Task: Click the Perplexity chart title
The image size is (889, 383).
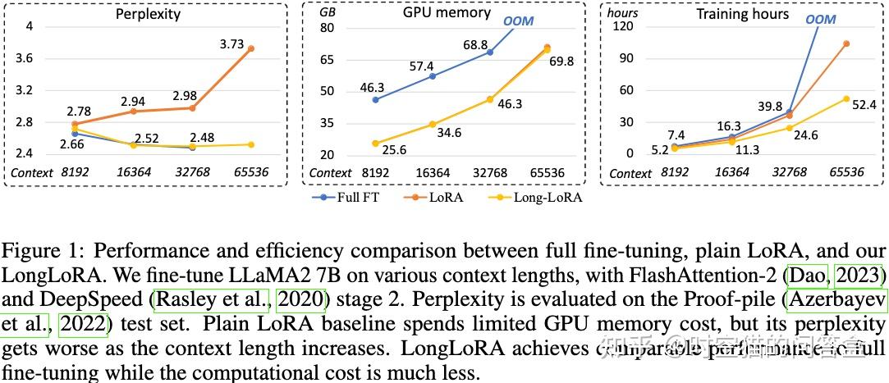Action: click(148, 14)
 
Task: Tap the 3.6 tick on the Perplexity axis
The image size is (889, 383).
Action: click(25, 58)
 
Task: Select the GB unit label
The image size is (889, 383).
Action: click(328, 14)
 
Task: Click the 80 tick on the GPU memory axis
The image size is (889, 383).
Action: click(328, 28)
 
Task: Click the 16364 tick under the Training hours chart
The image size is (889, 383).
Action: click(733, 173)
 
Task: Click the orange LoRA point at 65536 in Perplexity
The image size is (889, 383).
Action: click(250, 49)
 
